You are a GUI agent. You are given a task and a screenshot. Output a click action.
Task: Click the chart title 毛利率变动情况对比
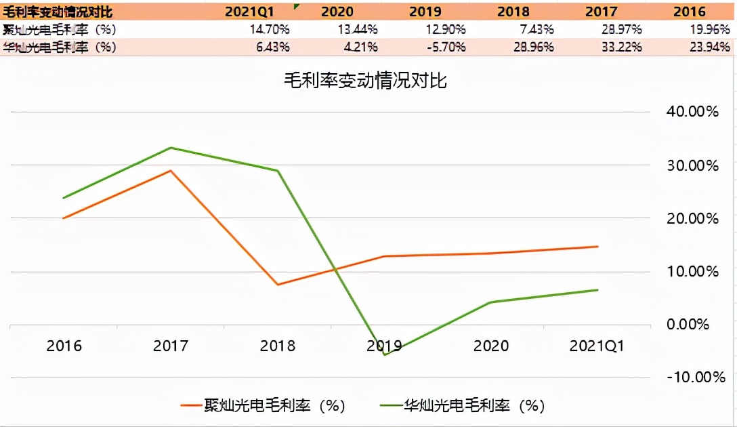coord(366,81)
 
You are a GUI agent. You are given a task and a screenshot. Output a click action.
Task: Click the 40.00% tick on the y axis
coord(692,111)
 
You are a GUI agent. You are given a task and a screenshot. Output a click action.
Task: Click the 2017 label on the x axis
coord(171,346)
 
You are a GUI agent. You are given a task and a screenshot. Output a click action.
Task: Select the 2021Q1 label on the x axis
coord(597,346)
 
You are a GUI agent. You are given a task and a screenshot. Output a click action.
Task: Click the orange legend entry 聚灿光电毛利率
coord(264,405)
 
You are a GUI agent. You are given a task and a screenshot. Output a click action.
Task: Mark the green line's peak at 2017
coord(171,148)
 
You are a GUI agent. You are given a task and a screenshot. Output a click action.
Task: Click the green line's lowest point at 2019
coord(385,354)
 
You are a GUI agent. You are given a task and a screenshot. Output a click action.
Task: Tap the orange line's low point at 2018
coord(278,285)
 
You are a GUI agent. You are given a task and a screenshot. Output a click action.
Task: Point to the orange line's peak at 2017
coord(171,171)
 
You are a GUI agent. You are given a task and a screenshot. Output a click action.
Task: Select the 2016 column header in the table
coord(690,12)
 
